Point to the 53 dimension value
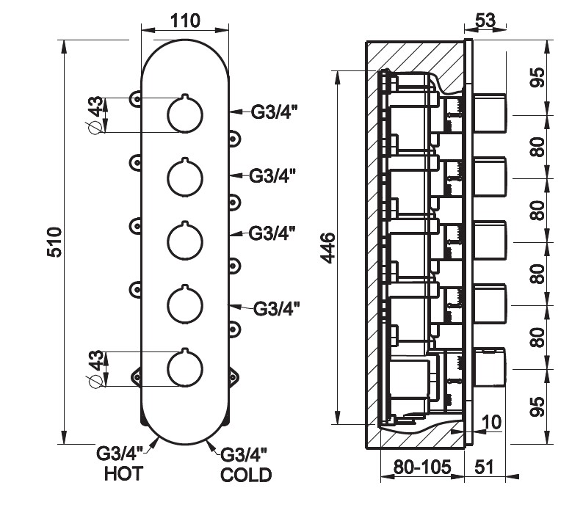(485, 20)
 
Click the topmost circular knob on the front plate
(184, 114)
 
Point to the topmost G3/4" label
(274, 112)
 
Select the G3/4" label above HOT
(119, 453)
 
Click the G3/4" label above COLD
(245, 455)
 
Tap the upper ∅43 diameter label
(95, 115)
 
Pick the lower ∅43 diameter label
(95, 369)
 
